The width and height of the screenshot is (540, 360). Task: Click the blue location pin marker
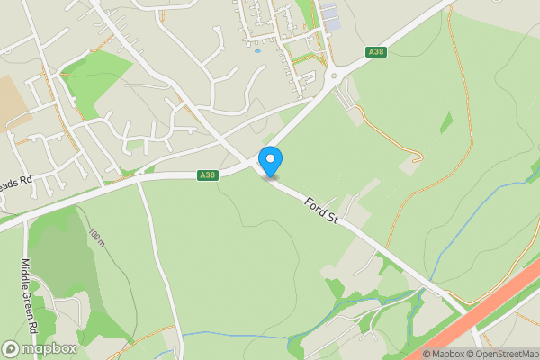click(270, 160)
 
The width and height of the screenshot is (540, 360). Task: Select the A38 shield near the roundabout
click(377, 53)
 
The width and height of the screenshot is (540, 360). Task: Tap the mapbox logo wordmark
click(50, 348)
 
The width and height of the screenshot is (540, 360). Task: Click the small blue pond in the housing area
click(258, 51)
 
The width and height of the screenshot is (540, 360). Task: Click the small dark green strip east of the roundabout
click(446, 122)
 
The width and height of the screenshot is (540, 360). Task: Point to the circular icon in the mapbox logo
click(11, 348)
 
